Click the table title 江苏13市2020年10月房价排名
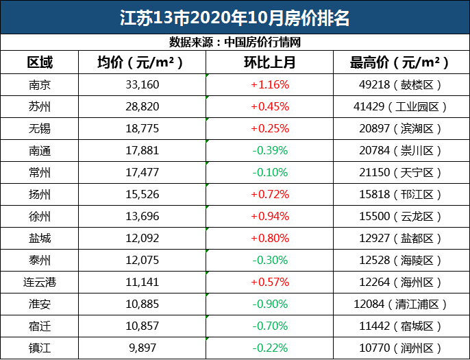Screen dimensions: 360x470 (234, 17)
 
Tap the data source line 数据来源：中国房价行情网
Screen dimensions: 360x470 (235, 42)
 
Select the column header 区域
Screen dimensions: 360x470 (40, 62)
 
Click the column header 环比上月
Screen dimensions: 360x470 (269, 62)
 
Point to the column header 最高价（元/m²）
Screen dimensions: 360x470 (399, 62)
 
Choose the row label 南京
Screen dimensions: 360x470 (40, 85)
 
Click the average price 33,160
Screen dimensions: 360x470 (140, 85)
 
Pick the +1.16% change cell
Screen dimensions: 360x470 (269, 85)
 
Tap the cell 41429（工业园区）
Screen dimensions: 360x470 (399, 107)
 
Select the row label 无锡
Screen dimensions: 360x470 (40, 129)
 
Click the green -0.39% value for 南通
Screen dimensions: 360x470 (269, 151)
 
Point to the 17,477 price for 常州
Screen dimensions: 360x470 (140, 173)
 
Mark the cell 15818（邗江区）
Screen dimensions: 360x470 (399, 195)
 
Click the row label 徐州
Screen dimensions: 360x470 (40, 217)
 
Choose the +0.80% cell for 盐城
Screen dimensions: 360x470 (269, 239)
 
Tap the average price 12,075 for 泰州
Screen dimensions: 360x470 (140, 261)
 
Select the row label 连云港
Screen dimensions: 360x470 (40, 283)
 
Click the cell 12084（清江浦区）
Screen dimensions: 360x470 (399, 304)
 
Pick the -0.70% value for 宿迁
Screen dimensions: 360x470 (269, 326)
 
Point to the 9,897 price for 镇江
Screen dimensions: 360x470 (140, 348)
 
